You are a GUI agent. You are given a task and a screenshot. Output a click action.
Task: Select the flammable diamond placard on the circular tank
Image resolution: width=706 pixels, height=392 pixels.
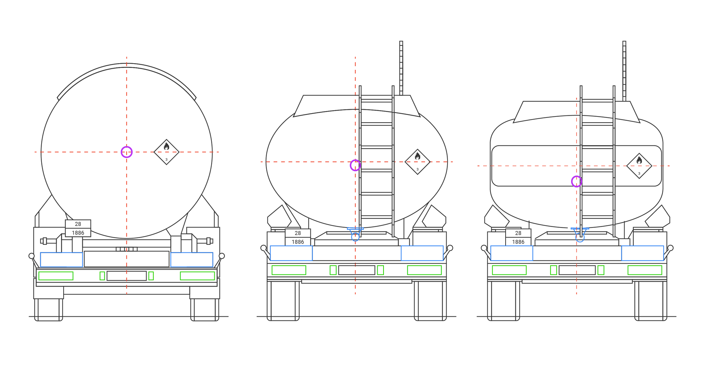167,152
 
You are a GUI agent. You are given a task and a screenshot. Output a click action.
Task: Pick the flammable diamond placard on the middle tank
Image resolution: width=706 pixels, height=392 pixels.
417,162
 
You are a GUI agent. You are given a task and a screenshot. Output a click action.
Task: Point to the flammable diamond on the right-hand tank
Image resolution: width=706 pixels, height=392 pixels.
639,166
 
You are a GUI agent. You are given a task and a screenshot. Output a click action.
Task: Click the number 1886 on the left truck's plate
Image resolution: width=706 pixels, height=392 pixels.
78,233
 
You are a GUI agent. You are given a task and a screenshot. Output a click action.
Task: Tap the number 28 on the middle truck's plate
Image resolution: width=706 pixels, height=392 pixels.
298,233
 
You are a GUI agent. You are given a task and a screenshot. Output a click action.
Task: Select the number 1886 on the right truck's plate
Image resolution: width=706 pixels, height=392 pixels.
518,242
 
